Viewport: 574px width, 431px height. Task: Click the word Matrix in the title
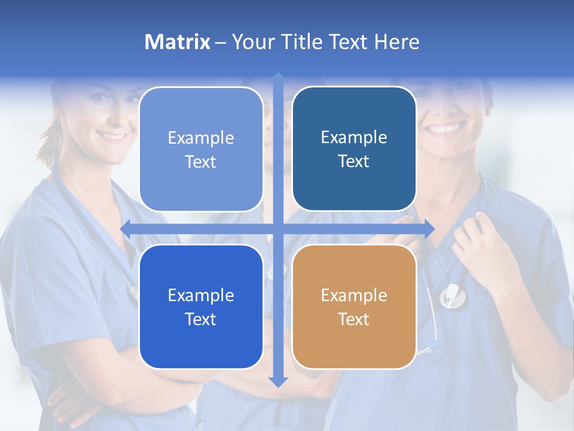tap(178, 42)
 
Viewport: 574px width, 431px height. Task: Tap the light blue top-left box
tap(201, 149)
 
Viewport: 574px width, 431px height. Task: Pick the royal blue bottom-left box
tap(201, 306)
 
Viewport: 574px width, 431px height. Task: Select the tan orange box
tap(354, 306)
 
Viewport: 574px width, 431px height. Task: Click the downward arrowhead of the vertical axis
tap(278, 381)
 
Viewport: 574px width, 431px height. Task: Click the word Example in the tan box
tap(354, 295)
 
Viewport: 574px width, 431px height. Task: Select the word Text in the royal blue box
tap(201, 319)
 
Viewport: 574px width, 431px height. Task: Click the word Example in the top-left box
tap(201, 138)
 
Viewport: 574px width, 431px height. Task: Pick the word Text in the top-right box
tap(354, 162)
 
